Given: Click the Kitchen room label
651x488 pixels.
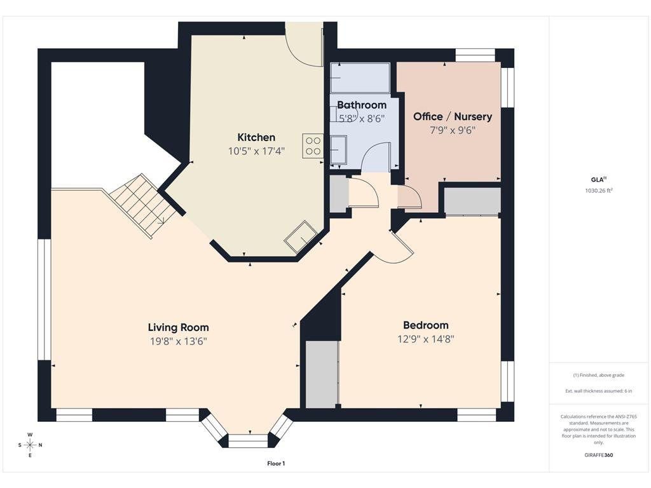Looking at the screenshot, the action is click(256, 137).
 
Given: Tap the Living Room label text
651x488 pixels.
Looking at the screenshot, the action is click(179, 328).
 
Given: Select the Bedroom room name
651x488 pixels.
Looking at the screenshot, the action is click(426, 325).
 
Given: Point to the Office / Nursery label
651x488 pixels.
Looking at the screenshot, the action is click(453, 117).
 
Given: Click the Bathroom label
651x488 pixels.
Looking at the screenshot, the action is click(362, 105).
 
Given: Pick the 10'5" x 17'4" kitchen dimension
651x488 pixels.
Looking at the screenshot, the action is click(256, 151).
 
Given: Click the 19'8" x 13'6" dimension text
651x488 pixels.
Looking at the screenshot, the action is click(179, 341).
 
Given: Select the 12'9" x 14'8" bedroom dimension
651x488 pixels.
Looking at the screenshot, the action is click(426, 339).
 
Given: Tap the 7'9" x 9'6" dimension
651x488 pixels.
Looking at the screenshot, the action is click(453, 130).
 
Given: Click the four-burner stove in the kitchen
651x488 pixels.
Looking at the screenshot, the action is click(313, 146).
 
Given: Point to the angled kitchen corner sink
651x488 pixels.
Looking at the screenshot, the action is click(301, 237).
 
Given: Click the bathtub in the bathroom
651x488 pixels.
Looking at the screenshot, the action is click(360, 78).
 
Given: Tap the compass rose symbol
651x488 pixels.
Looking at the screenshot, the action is click(31, 445).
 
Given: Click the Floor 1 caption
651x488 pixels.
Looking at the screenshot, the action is click(276, 463).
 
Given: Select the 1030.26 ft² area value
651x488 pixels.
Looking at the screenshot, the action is click(599, 191).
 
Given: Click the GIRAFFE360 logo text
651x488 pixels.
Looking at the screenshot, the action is click(599, 455).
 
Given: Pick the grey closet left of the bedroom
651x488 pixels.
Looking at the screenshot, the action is click(322, 374).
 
